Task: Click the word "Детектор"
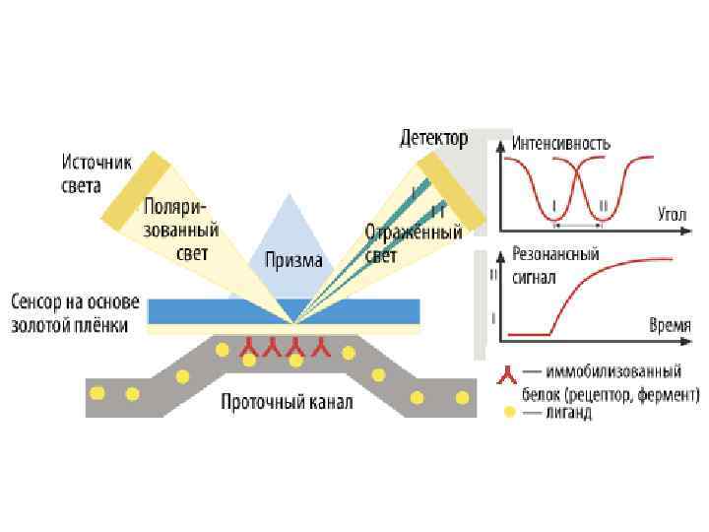tap(432, 138)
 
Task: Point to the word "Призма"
tap(292, 261)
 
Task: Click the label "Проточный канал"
tap(287, 403)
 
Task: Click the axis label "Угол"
tap(672, 212)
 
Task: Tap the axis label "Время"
tap(669, 324)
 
